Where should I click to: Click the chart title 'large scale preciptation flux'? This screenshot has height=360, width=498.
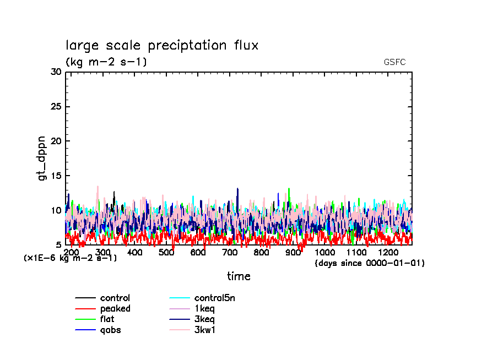(x=162, y=45)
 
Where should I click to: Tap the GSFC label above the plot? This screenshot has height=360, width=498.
(x=394, y=62)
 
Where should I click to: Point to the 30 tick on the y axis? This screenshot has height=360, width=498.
(x=56, y=72)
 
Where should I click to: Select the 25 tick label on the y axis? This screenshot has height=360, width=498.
(x=56, y=107)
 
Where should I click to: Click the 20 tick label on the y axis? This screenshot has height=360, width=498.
(x=56, y=141)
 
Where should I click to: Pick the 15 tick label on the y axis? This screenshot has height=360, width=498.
(x=56, y=176)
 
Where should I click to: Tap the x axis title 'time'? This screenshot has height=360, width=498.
(x=239, y=276)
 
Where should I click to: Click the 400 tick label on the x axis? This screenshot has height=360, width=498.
(x=135, y=252)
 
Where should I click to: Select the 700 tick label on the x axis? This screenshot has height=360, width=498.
(x=230, y=252)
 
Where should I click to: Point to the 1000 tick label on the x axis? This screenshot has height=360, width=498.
(x=325, y=252)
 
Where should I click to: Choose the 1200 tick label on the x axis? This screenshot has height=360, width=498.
(x=388, y=252)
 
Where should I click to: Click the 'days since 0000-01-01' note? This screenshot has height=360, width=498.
(x=370, y=263)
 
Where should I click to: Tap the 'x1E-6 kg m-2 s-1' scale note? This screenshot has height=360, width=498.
(x=70, y=258)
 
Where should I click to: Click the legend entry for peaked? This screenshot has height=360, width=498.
(x=115, y=309)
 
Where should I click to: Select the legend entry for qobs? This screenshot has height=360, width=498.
(x=110, y=330)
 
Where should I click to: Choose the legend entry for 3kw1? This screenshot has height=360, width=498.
(x=204, y=330)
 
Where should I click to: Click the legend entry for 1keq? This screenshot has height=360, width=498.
(x=204, y=309)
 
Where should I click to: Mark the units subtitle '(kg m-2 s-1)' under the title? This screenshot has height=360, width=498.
(x=106, y=62)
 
